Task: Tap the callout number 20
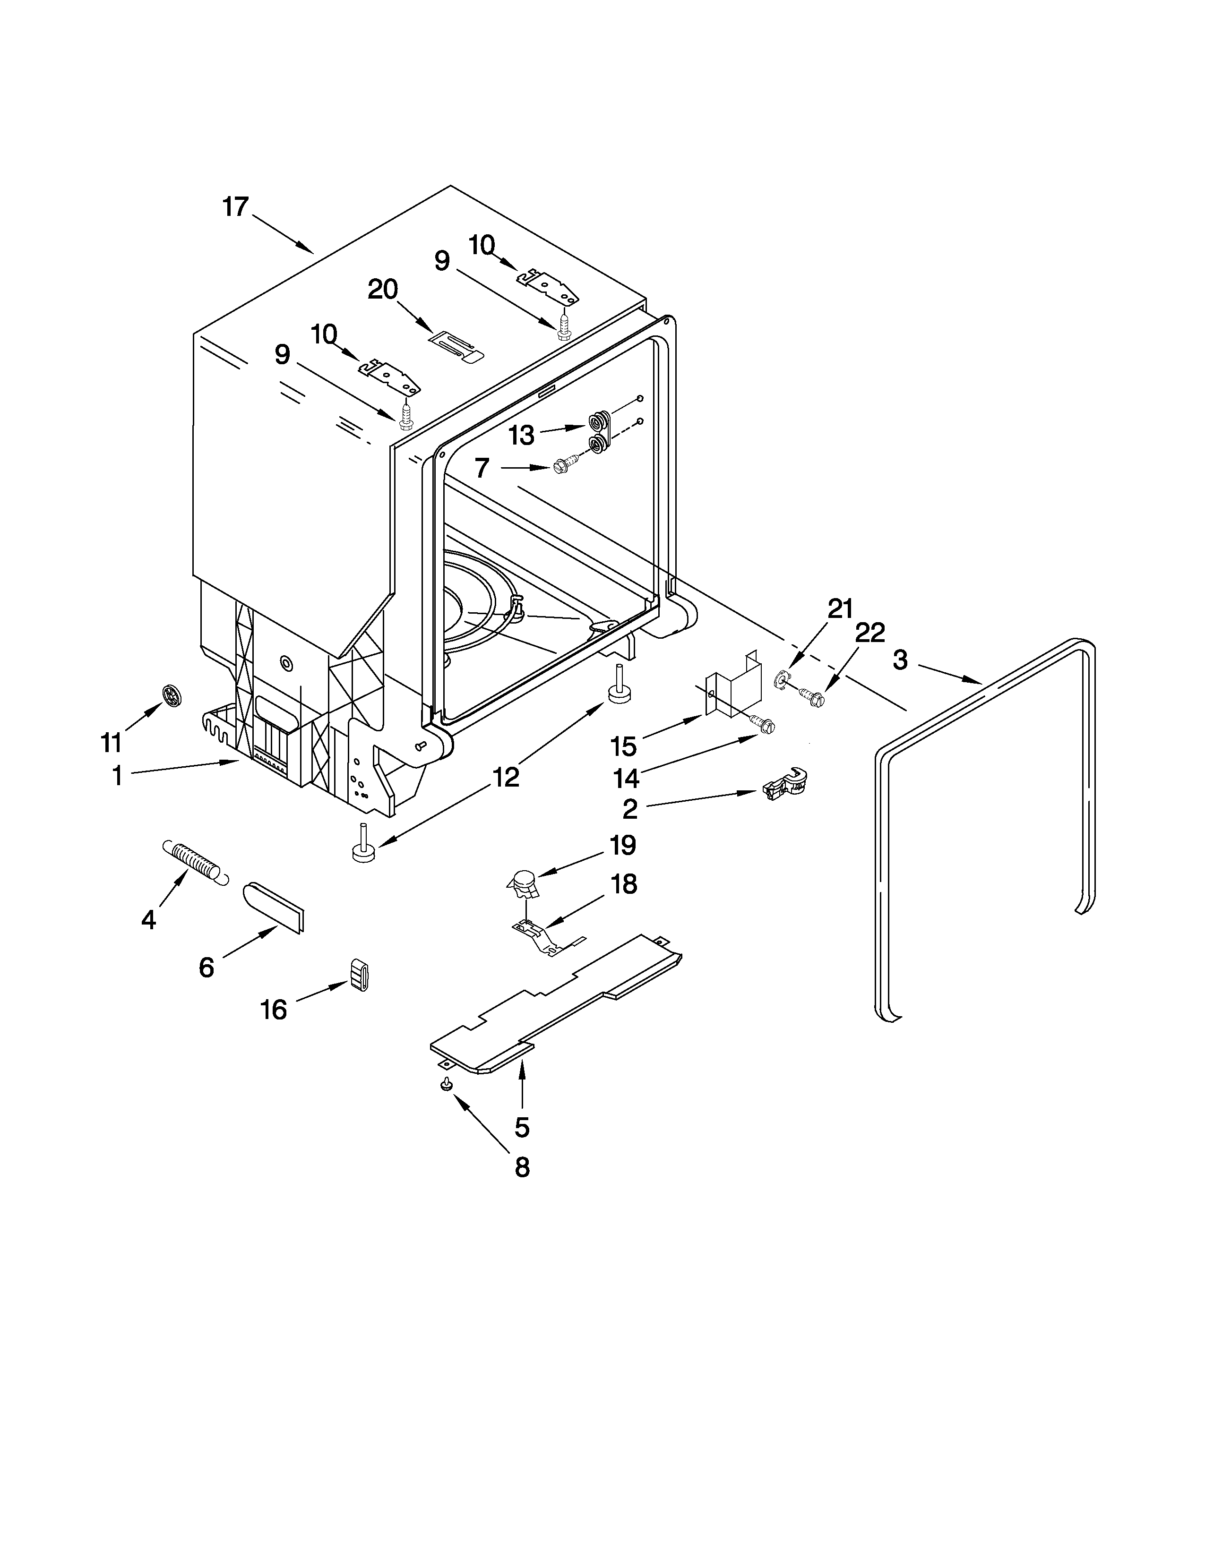tap(383, 290)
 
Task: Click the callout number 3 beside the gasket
tap(900, 660)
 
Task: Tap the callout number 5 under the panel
tap(522, 1128)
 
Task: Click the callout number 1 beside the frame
tap(117, 776)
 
